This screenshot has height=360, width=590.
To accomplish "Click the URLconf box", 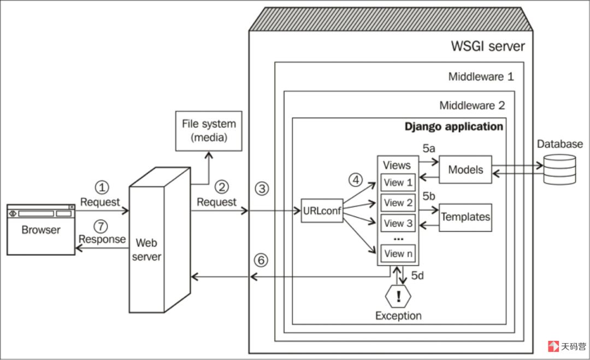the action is pyautogui.click(x=322, y=211).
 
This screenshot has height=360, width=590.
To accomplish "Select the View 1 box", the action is pyautogui.click(x=398, y=182).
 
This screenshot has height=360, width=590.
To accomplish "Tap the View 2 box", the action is pyautogui.click(x=398, y=203).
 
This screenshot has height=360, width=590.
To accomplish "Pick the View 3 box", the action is pyautogui.click(x=398, y=223).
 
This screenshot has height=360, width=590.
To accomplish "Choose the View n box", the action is pyautogui.click(x=398, y=253).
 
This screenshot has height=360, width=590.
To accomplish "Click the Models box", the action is pyautogui.click(x=465, y=170).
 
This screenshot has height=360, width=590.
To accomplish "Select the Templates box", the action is pyautogui.click(x=465, y=217).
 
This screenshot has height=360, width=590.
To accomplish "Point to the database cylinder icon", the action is pyautogui.click(x=559, y=169).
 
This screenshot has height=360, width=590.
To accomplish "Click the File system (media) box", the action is pyautogui.click(x=209, y=131).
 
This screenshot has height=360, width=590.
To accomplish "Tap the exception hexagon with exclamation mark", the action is pyautogui.click(x=398, y=297).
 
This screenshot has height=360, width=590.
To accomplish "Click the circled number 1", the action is pyautogui.click(x=102, y=187).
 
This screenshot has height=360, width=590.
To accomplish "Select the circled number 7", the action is pyautogui.click(x=101, y=226).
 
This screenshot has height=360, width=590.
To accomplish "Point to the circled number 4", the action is pyautogui.click(x=356, y=180).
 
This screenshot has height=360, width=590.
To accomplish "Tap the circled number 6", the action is pyautogui.click(x=261, y=260).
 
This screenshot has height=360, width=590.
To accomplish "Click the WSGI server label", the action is pyautogui.click(x=488, y=46).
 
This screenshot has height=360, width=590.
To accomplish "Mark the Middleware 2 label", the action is pyautogui.click(x=472, y=105).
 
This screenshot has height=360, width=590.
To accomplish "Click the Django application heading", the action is pyautogui.click(x=454, y=127).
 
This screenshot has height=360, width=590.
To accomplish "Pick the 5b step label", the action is pyautogui.click(x=429, y=196).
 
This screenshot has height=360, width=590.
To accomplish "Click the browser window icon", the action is pyautogui.click(x=41, y=229).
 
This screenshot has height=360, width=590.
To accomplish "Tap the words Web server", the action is pyautogui.click(x=146, y=250).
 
